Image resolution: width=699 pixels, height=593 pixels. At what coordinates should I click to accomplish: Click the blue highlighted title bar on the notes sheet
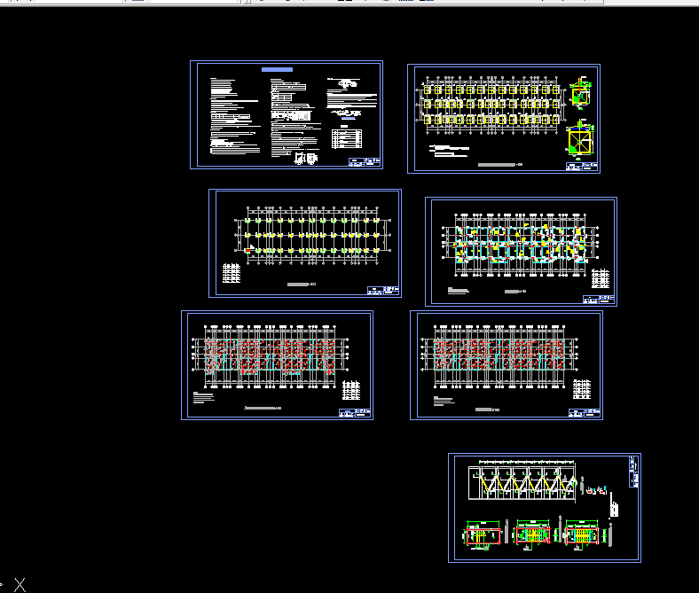[x=277, y=69]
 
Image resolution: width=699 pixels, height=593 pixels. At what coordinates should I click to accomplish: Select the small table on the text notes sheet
[x=346, y=138]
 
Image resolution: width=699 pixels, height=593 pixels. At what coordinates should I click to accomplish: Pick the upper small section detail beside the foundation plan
[x=581, y=90]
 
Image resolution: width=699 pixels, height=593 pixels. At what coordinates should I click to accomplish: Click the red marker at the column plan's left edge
[x=248, y=250]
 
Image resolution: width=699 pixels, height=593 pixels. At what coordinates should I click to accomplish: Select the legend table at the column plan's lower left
[x=232, y=275]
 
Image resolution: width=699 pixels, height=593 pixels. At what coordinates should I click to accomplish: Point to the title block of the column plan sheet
[x=383, y=289]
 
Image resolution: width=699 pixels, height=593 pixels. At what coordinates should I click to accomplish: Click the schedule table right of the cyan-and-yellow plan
[x=601, y=277]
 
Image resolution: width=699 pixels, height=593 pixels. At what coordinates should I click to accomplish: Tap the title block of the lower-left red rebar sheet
[x=355, y=412]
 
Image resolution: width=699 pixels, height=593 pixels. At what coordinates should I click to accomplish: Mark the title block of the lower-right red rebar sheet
[x=585, y=412]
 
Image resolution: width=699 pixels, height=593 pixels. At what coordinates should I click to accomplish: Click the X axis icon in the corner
[x=20, y=584]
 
